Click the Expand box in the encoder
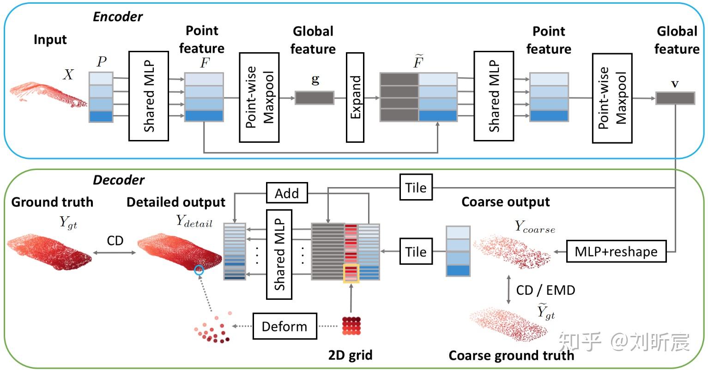coord(355,97)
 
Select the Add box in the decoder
coord(287,193)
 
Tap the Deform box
coord(284,326)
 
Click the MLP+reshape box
coord(616,251)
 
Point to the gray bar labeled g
coord(315,97)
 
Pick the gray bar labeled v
coord(675,98)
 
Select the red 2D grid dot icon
coord(351,326)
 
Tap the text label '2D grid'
coord(350,355)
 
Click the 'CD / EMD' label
coord(545,290)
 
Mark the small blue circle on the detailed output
coord(199,270)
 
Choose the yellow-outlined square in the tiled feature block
coord(351,274)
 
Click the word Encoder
coord(118,17)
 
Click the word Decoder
coord(119,180)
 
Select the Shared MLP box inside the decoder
coord(279,254)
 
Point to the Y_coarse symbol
coord(535,227)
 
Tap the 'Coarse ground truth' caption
coord(511,355)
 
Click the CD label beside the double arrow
coord(115,240)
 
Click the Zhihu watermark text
coord(624,342)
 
